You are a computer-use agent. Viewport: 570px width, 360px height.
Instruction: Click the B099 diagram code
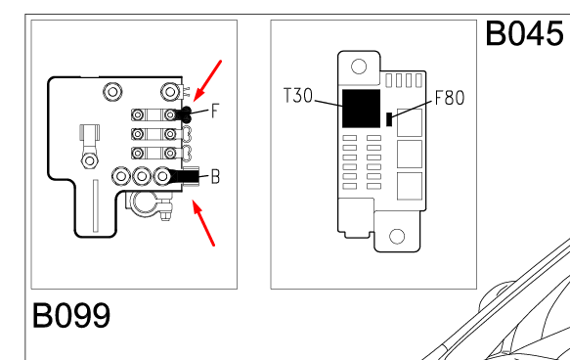71,315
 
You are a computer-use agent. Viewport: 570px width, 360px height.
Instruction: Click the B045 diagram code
524,33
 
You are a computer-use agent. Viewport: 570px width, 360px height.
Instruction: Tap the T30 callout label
298,96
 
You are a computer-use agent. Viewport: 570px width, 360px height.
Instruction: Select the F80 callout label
450,98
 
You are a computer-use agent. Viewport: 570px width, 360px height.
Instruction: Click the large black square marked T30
362,109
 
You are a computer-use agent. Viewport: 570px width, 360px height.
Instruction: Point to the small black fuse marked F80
389,119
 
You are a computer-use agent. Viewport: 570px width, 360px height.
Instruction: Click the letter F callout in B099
215,111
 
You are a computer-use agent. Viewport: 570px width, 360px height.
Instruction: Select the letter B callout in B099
215,177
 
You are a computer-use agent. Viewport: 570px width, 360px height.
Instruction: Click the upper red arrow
207,81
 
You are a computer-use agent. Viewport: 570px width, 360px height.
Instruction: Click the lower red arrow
203,223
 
